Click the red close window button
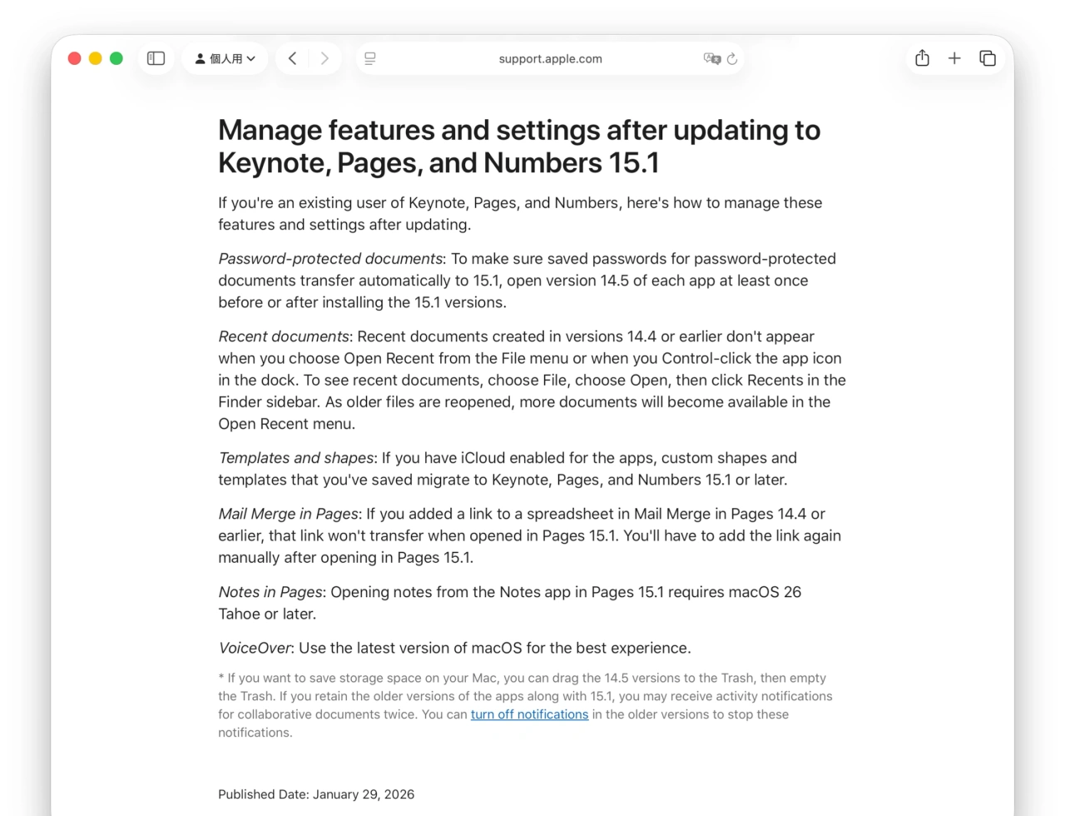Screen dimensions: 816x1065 tap(74, 58)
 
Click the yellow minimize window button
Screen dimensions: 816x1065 tap(96, 58)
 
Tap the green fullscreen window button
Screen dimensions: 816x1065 tap(116, 58)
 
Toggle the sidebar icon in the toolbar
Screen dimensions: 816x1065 tap(156, 58)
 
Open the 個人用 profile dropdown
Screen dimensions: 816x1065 tap(225, 58)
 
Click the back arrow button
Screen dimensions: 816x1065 tap(292, 58)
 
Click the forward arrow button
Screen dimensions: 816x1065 tap(324, 58)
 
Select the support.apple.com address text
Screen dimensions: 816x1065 tap(550, 59)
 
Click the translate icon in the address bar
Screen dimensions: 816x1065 tap(711, 58)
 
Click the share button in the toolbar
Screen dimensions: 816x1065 tap(922, 58)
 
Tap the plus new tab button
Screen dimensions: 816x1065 tap(954, 58)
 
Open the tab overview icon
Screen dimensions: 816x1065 tap(988, 58)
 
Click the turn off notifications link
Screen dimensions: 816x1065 tap(529, 714)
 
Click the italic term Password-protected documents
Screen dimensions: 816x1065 tap(330, 259)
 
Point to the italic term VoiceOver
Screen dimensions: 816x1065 tap(255, 648)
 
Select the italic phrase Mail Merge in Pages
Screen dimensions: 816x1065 tap(288, 514)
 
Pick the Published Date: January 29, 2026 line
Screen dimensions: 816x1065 tap(316, 794)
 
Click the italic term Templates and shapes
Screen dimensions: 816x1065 tap(295, 458)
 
